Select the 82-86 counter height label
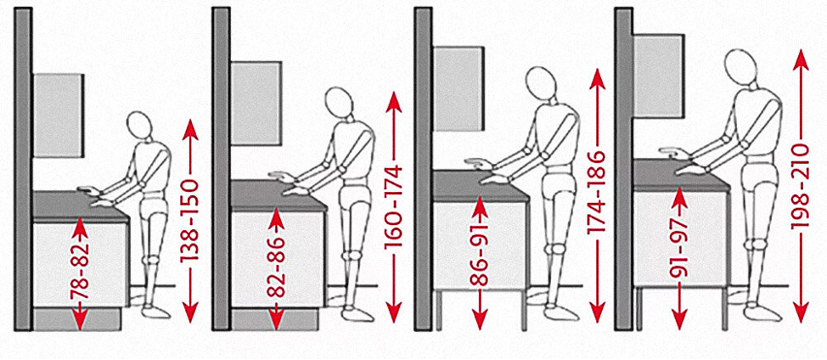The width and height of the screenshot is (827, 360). (276, 267)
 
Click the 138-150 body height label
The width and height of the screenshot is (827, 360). (190, 221)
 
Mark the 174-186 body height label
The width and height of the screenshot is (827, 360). (597, 193)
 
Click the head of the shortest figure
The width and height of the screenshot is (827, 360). (139, 126)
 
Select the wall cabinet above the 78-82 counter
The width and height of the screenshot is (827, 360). (59, 115)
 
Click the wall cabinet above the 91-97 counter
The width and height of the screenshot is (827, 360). (659, 76)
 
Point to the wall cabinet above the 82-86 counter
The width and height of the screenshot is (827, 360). (256, 104)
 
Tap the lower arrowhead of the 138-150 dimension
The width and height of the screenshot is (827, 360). (190, 313)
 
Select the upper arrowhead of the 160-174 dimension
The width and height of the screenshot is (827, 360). (393, 102)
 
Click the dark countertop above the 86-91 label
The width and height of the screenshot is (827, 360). (481, 186)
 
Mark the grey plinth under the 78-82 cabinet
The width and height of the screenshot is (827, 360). (77, 319)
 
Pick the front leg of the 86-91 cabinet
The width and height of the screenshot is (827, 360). (524, 310)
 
